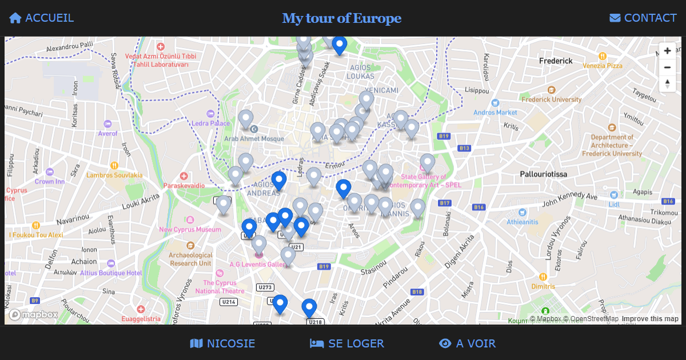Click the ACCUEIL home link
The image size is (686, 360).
coord(41,18)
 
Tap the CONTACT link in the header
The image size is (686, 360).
coord(643,18)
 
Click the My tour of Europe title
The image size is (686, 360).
coord(342,18)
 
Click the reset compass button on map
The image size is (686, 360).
coord(667,83)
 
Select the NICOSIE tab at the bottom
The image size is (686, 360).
coord(222,343)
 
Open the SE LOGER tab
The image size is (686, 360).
coord(347,343)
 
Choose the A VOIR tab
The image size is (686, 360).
coord(467,343)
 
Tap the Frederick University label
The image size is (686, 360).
coord(551,99)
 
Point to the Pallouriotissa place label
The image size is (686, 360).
coord(543,174)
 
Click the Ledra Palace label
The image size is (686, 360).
coord(210,123)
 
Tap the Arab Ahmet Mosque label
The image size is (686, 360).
coord(254,138)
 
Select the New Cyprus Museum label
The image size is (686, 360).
coord(190,230)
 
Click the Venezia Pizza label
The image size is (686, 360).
coord(603,66)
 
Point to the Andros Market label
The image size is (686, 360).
coord(495,113)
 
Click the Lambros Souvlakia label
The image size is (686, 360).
coord(114,175)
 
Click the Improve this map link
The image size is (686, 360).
coord(650,319)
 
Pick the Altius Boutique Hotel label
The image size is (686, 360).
coord(111,273)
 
